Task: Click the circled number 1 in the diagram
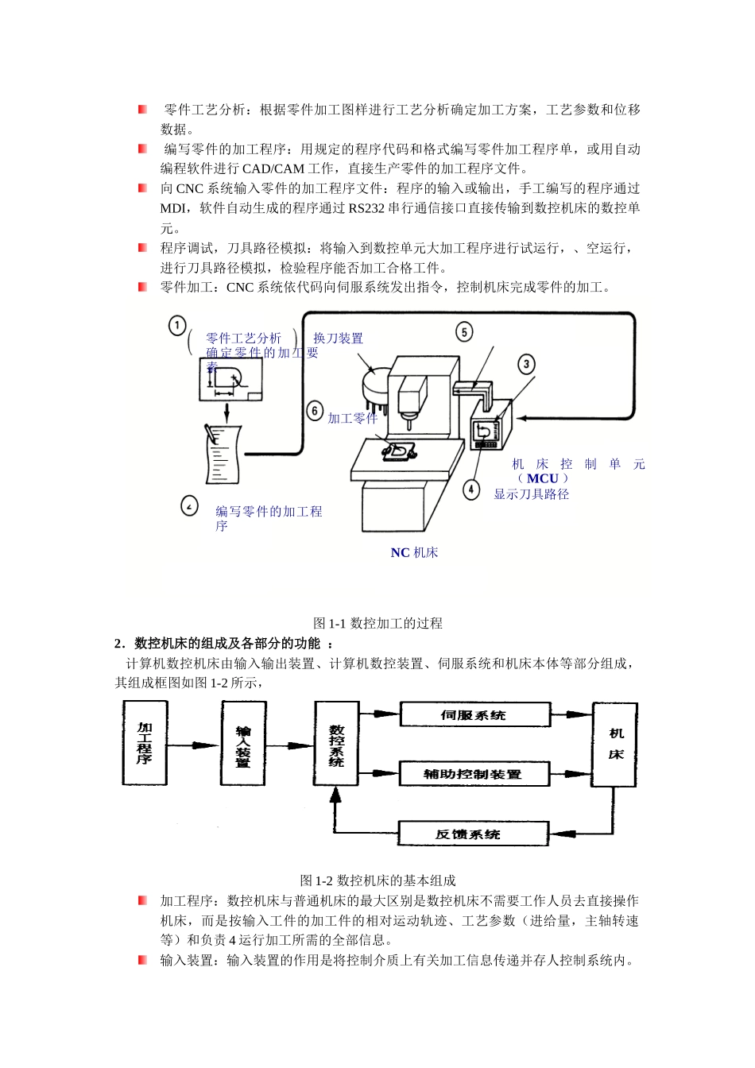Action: point(177,325)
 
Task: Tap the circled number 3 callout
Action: point(526,365)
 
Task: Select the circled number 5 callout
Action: point(464,331)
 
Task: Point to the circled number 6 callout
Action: point(316,411)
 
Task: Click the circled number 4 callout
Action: point(472,489)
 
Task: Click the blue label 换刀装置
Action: point(338,339)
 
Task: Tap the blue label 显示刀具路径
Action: point(532,494)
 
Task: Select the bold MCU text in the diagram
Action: point(543,478)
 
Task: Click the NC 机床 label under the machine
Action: point(414,553)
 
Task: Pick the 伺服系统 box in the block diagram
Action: point(474,715)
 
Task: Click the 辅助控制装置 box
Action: point(474,774)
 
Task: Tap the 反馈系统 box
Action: point(472,834)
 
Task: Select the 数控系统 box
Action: point(336,745)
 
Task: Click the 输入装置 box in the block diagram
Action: point(243,745)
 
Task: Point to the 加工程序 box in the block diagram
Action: point(145,743)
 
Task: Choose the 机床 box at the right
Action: point(615,745)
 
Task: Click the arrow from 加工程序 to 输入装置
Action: point(194,745)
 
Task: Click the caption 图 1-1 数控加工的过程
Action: point(377,624)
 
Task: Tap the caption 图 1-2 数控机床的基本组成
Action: point(377,880)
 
